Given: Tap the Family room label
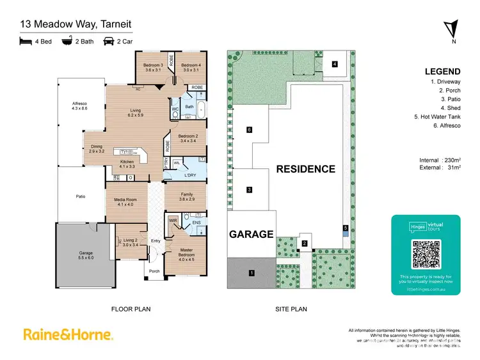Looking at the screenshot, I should coord(186,197).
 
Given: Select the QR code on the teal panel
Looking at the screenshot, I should coord(426,254).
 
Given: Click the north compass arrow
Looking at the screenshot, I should coord(452,29).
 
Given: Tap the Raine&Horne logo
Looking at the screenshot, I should coord(68,334).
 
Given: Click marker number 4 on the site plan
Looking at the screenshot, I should coord(335,64).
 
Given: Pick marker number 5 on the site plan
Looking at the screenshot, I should coord(344,228).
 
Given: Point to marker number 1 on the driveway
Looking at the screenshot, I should coord(252,273).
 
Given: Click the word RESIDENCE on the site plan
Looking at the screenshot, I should coord(305,169).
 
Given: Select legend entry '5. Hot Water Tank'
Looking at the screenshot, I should coord(437,117).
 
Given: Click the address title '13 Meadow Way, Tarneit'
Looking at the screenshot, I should coord(76,24).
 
